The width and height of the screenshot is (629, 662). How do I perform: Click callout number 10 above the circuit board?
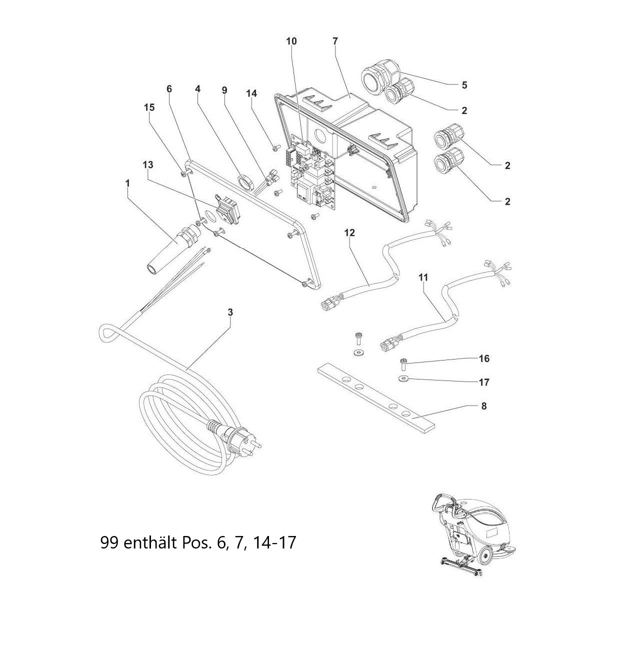(291, 41)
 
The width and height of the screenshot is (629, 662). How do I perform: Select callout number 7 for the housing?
(334, 41)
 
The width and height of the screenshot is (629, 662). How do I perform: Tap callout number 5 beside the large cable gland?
(464, 85)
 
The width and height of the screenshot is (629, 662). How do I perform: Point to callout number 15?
(149, 107)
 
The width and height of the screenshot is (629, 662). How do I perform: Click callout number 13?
(148, 164)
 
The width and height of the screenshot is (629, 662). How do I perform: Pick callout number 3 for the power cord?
(230, 312)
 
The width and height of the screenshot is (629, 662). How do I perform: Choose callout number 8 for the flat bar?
(484, 406)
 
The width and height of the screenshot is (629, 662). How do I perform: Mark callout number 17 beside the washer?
(484, 382)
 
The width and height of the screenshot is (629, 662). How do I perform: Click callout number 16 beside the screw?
(484, 358)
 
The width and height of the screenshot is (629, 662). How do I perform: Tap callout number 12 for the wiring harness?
(349, 232)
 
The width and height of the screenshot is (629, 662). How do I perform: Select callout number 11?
(423, 277)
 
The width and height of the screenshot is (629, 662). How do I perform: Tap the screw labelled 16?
(403, 363)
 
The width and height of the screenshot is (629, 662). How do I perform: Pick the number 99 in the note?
(109, 542)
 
